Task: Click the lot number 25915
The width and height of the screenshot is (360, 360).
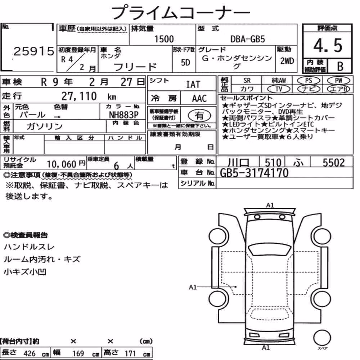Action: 34,51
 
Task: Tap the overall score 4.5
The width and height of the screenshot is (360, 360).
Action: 328,45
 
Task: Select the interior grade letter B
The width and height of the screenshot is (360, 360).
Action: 340,66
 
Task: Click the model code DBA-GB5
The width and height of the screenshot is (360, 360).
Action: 248,39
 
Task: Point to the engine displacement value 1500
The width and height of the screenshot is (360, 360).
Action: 164,39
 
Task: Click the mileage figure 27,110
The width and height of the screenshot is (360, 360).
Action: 79,96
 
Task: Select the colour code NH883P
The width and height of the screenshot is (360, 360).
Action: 124,114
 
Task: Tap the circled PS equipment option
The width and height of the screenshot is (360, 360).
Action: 309,81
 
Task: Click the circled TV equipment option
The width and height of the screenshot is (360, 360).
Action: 279,89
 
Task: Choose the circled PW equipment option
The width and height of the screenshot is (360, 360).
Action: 338,81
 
